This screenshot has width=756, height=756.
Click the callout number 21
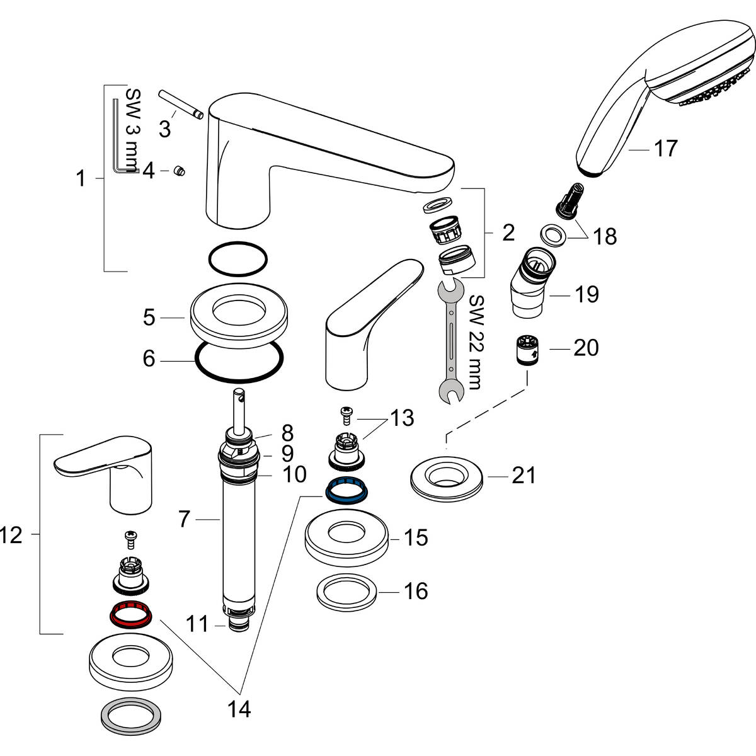click(524, 476)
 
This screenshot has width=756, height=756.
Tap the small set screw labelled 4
click(178, 170)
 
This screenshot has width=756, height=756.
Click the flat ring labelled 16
click(347, 592)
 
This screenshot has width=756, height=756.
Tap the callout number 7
click(184, 519)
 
